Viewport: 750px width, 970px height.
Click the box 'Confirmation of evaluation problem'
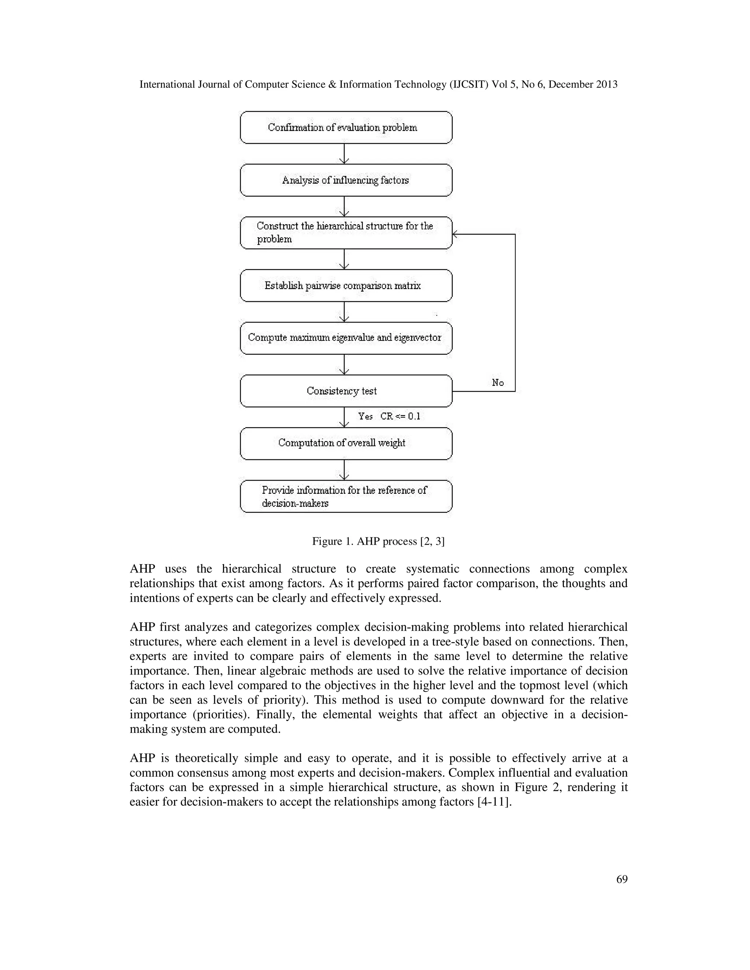[346, 127]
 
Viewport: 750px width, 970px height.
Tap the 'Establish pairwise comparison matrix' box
[346, 286]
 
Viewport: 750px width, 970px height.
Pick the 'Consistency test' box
[346, 391]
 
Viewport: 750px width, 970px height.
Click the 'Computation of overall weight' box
[346, 443]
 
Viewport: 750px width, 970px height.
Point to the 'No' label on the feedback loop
[498, 383]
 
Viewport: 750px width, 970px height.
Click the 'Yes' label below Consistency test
[365, 416]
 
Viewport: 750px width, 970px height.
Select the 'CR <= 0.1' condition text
[400, 416]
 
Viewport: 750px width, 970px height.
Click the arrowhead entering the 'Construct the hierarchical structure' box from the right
[455, 234]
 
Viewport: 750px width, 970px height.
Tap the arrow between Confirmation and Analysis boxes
[344, 154]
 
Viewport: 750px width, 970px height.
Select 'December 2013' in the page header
[583, 85]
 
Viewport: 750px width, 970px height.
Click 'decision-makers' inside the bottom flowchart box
[295, 504]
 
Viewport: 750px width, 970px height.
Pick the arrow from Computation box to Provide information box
[344, 470]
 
